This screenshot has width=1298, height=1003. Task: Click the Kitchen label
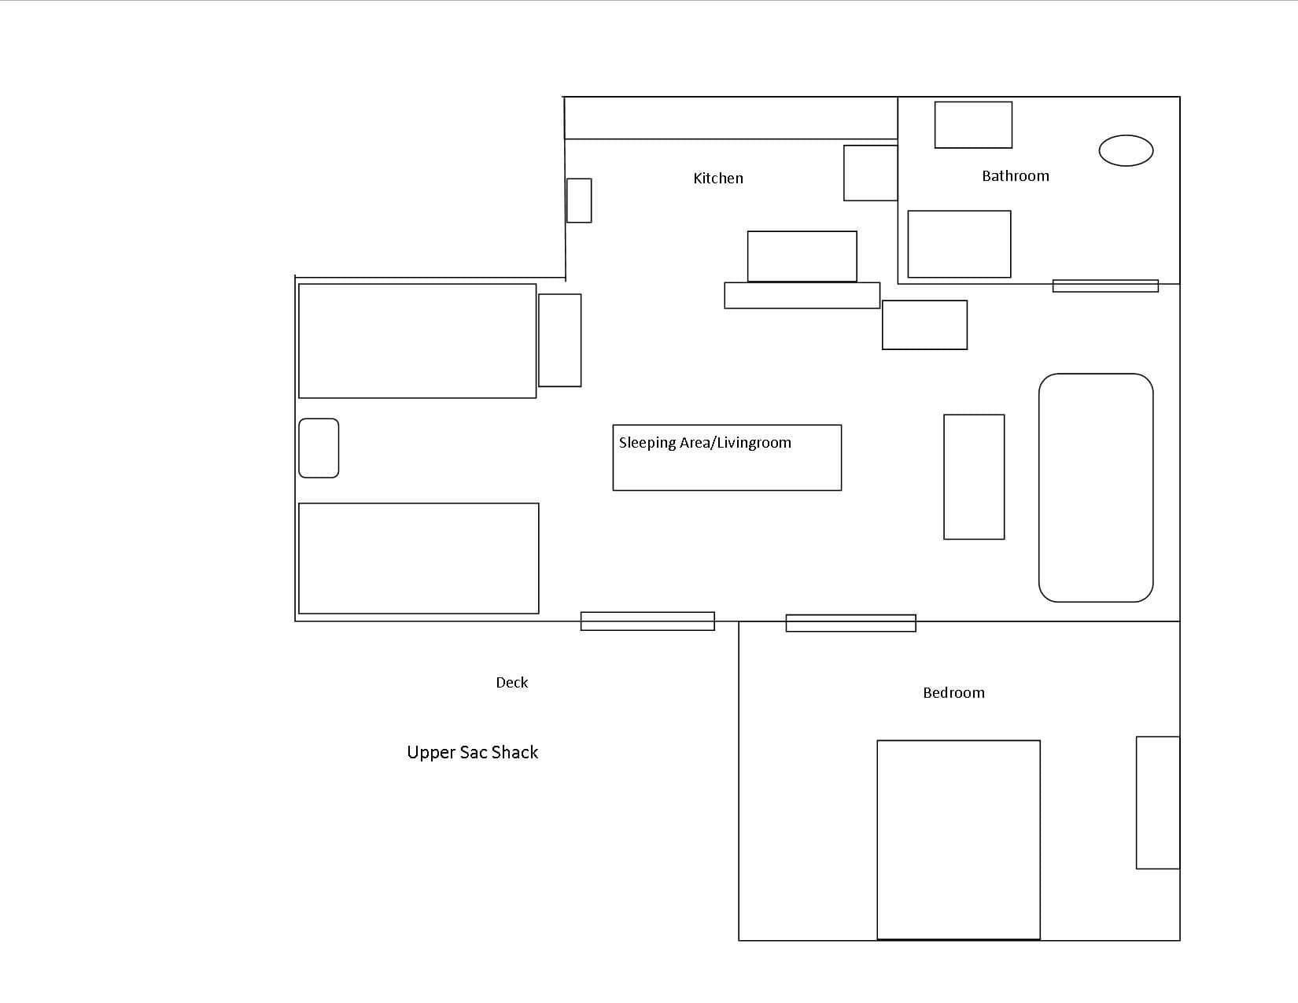718,178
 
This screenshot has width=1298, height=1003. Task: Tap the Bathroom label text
1016,175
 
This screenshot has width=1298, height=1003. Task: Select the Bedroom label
954,692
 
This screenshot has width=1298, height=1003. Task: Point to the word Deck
512,682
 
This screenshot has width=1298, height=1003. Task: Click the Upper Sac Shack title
473,752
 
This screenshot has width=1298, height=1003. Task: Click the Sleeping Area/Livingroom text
705,443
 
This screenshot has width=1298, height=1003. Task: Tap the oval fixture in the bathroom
1126,150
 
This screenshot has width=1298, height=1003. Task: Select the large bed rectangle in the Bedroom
959,839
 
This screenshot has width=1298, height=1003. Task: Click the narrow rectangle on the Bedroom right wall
1158,802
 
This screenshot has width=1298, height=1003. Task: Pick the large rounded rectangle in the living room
1096,488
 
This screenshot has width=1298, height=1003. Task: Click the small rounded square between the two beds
319,448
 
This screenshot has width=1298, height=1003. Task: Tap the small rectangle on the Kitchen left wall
579,200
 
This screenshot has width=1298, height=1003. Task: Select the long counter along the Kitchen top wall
731,118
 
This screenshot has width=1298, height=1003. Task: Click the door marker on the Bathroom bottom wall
1105,286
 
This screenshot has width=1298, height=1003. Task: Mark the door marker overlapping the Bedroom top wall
850,623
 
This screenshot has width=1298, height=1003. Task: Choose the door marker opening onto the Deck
647,621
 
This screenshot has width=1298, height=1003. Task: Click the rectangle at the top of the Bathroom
974,125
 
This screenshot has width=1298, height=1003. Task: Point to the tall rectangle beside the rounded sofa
974,477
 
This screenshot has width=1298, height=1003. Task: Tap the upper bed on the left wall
418,341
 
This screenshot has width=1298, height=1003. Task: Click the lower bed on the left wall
419,558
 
